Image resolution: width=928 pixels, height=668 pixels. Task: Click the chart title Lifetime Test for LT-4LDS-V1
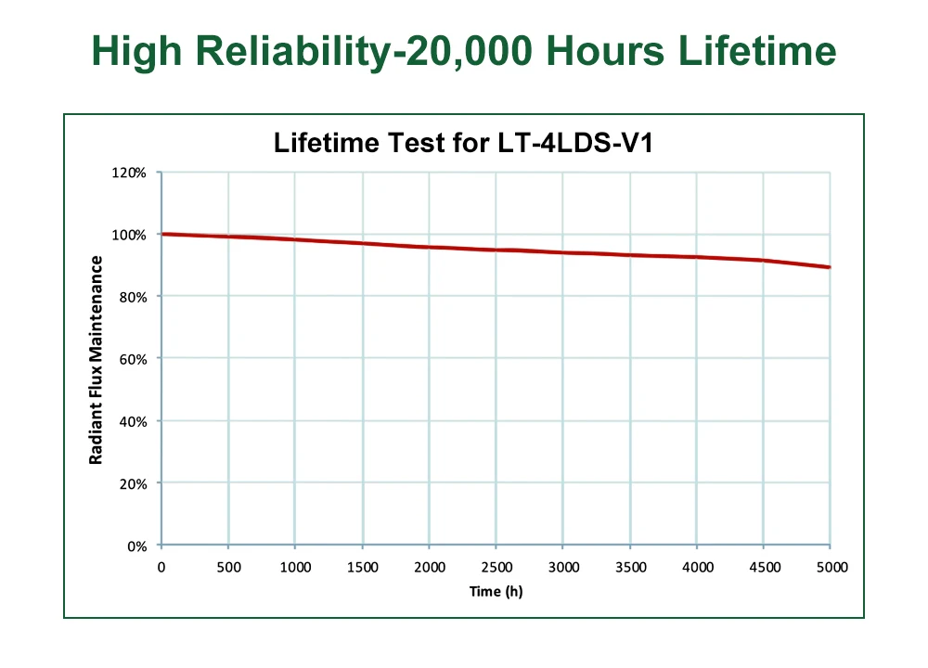pos(464,144)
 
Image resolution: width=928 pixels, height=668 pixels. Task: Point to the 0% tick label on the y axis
pos(137,546)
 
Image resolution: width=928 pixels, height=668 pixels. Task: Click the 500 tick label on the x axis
pos(228,567)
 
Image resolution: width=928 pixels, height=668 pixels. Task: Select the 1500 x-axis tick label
pos(362,567)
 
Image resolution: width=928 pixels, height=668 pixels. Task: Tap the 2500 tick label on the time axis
pos(496,567)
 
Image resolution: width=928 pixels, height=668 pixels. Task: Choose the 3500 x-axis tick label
pos(630,567)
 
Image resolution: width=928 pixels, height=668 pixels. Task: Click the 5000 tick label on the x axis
pos(830,567)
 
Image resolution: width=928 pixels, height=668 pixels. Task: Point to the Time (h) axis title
pos(496,591)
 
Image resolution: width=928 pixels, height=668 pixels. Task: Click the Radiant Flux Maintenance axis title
pos(96,360)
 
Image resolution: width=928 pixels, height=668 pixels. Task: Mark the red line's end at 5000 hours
pos(830,267)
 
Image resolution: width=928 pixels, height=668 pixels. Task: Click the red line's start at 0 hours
pos(162,234)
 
